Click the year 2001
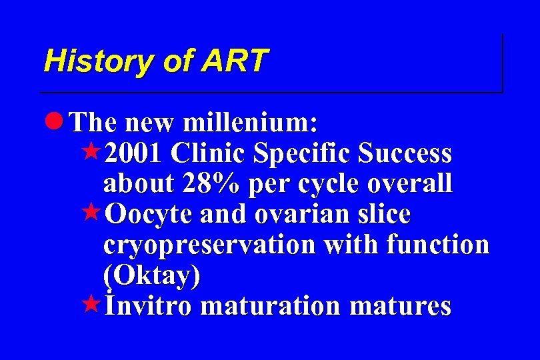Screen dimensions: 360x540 point(132,153)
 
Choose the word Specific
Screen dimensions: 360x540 point(302,153)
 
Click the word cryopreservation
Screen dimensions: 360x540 point(209,245)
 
